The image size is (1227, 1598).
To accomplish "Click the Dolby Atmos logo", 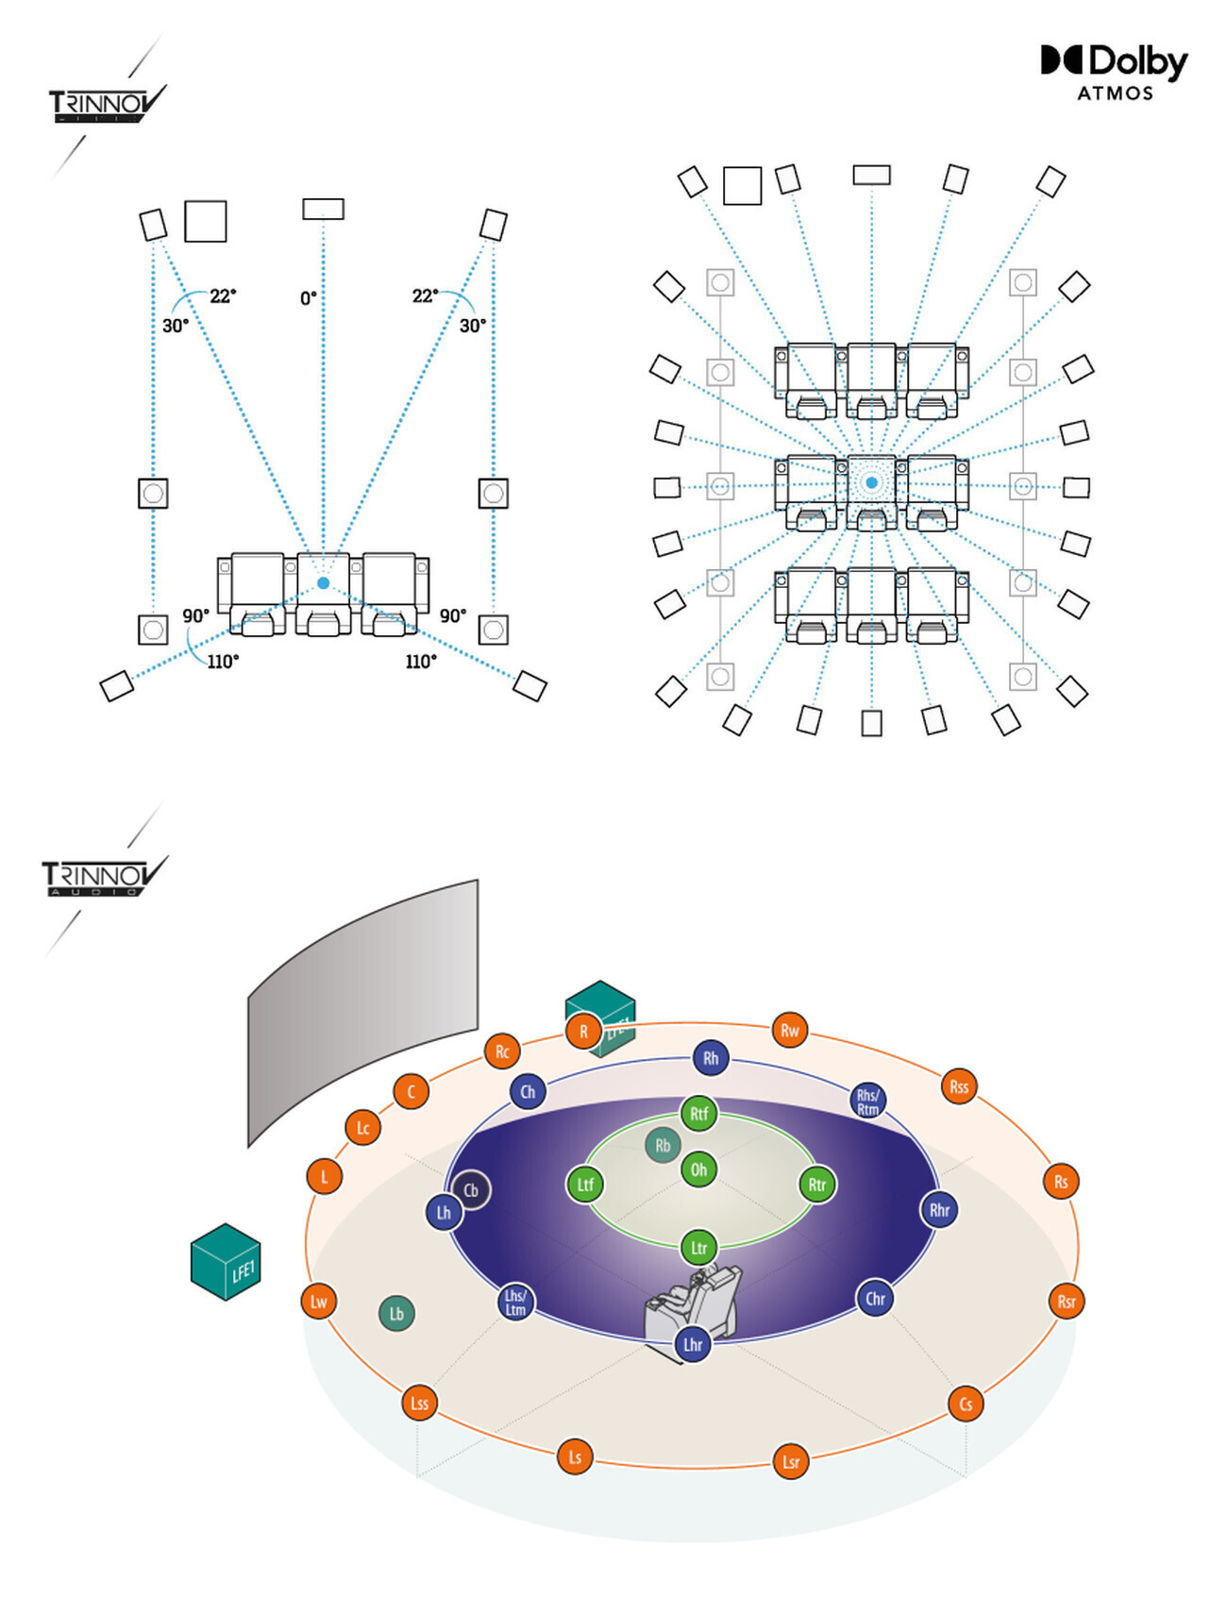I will pyautogui.click(x=1114, y=72).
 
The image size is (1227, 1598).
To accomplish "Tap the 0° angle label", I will pyautogui.click(x=309, y=298).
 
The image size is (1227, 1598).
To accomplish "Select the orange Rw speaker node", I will pyautogui.click(x=790, y=1031).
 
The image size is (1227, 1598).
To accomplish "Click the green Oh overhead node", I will pyautogui.click(x=698, y=1169).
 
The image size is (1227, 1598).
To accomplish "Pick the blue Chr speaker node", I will pyautogui.click(x=875, y=1299).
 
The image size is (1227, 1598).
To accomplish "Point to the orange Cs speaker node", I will pyautogui.click(x=966, y=1404).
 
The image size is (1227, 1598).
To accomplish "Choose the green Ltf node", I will pyautogui.click(x=585, y=1185).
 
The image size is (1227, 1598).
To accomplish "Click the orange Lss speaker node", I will pyautogui.click(x=419, y=1403).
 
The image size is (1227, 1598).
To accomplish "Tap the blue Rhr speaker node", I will pyautogui.click(x=939, y=1210).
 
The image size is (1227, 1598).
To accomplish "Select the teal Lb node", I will pyautogui.click(x=396, y=1313).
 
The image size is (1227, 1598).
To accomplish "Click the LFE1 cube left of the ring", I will pyautogui.click(x=226, y=1262).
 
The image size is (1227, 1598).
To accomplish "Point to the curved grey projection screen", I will pyautogui.click(x=363, y=1010).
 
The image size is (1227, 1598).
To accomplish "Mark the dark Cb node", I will pyautogui.click(x=471, y=1190).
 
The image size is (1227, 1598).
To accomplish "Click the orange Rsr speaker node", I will pyautogui.click(x=1067, y=1302).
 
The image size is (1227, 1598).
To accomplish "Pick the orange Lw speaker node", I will pyautogui.click(x=319, y=1302).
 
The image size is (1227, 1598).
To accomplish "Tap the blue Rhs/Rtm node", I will pyautogui.click(x=867, y=1102).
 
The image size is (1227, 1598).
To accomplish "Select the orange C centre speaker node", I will pyautogui.click(x=411, y=1092).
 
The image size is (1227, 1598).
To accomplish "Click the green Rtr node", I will pyautogui.click(x=817, y=1185).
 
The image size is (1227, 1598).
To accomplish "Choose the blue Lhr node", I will pyautogui.click(x=693, y=1344).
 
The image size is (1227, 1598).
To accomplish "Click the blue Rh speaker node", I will pyautogui.click(x=711, y=1058).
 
